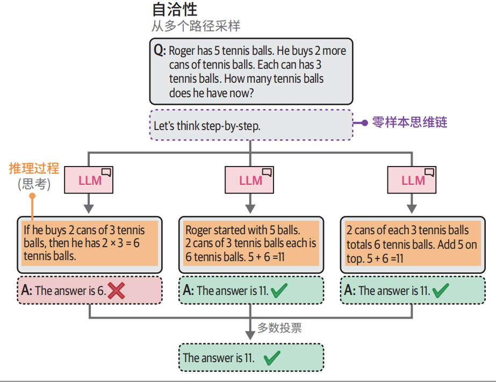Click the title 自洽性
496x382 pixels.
pyautogui.click(x=175, y=10)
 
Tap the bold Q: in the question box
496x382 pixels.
pyautogui.click(x=160, y=51)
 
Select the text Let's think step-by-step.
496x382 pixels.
pyautogui.click(x=207, y=126)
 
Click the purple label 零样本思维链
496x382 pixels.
pyautogui.click(x=410, y=122)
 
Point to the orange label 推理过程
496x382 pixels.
pyautogui.click(x=34, y=168)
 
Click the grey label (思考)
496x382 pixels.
pyautogui.click(x=34, y=184)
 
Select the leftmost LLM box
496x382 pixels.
pyautogui.click(x=89, y=181)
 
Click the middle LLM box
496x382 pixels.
pyautogui.click(x=250, y=181)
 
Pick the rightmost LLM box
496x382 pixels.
pyautogui.click(x=412, y=181)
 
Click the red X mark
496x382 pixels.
pyautogui.click(x=117, y=291)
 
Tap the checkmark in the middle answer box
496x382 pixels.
pyautogui.click(x=279, y=291)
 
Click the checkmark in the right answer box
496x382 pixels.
pyautogui.click(x=441, y=291)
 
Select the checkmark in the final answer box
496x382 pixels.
pyautogui.click(x=272, y=358)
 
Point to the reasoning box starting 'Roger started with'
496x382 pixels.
pyautogui.click(x=251, y=244)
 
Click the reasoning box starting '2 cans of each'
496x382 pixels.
pyautogui.click(x=412, y=244)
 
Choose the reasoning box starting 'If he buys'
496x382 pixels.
pyautogui.click(x=89, y=244)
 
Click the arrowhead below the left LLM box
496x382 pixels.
pyautogui.click(x=89, y=208)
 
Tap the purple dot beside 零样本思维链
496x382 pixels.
pyautogui.click(x=364, y=122)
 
